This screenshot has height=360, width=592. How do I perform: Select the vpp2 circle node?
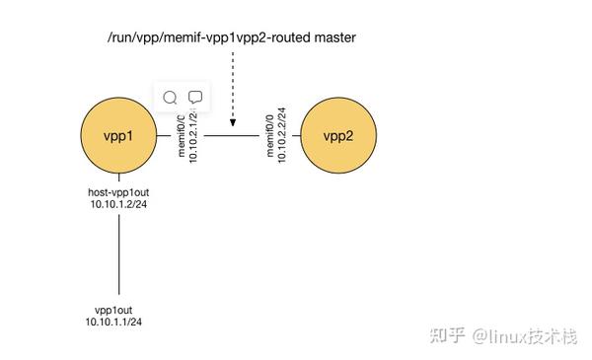[340, 136]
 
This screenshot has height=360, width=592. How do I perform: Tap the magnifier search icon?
[170, 98]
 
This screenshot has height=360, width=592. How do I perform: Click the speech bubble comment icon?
[195, 98]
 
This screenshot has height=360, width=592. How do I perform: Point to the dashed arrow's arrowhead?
[232, 122]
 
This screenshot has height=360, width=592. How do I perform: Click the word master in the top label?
[333, 37]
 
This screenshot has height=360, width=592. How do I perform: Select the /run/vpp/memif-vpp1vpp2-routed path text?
[205, 37]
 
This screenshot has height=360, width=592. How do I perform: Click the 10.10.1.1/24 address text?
[113, 322]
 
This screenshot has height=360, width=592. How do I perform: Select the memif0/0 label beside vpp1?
[180, 138]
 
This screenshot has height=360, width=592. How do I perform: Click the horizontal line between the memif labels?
[231, 136]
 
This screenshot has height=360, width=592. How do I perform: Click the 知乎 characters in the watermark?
[444, 335]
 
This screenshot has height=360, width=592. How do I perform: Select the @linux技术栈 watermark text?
[523, 335]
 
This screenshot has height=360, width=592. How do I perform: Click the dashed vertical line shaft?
[232, 84]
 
